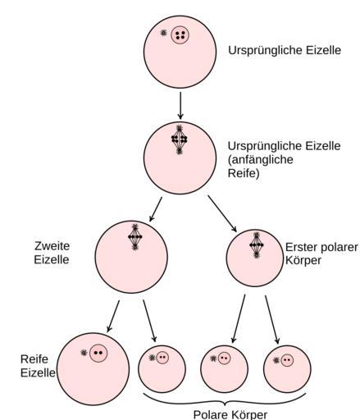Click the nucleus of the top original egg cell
point(180,34)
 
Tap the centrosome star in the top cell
point(163,33)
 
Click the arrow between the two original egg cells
point(180,106)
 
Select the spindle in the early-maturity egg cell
point(179,139)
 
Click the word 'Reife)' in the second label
point(244,173)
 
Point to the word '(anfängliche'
point(260,160)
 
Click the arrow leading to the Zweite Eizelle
point(156,209)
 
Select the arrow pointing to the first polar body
point(222,213)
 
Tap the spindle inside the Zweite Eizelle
point(135,237)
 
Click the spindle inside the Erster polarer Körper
point(257,245)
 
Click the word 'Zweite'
point(52,246)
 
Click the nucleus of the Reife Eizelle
point(98,353)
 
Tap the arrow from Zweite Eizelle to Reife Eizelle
point(113,317)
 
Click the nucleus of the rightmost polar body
point(287,360)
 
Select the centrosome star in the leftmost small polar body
point(152,358)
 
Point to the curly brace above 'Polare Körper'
point(225,401)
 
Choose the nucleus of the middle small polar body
point(224,358)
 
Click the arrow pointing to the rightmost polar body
point(272,320)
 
